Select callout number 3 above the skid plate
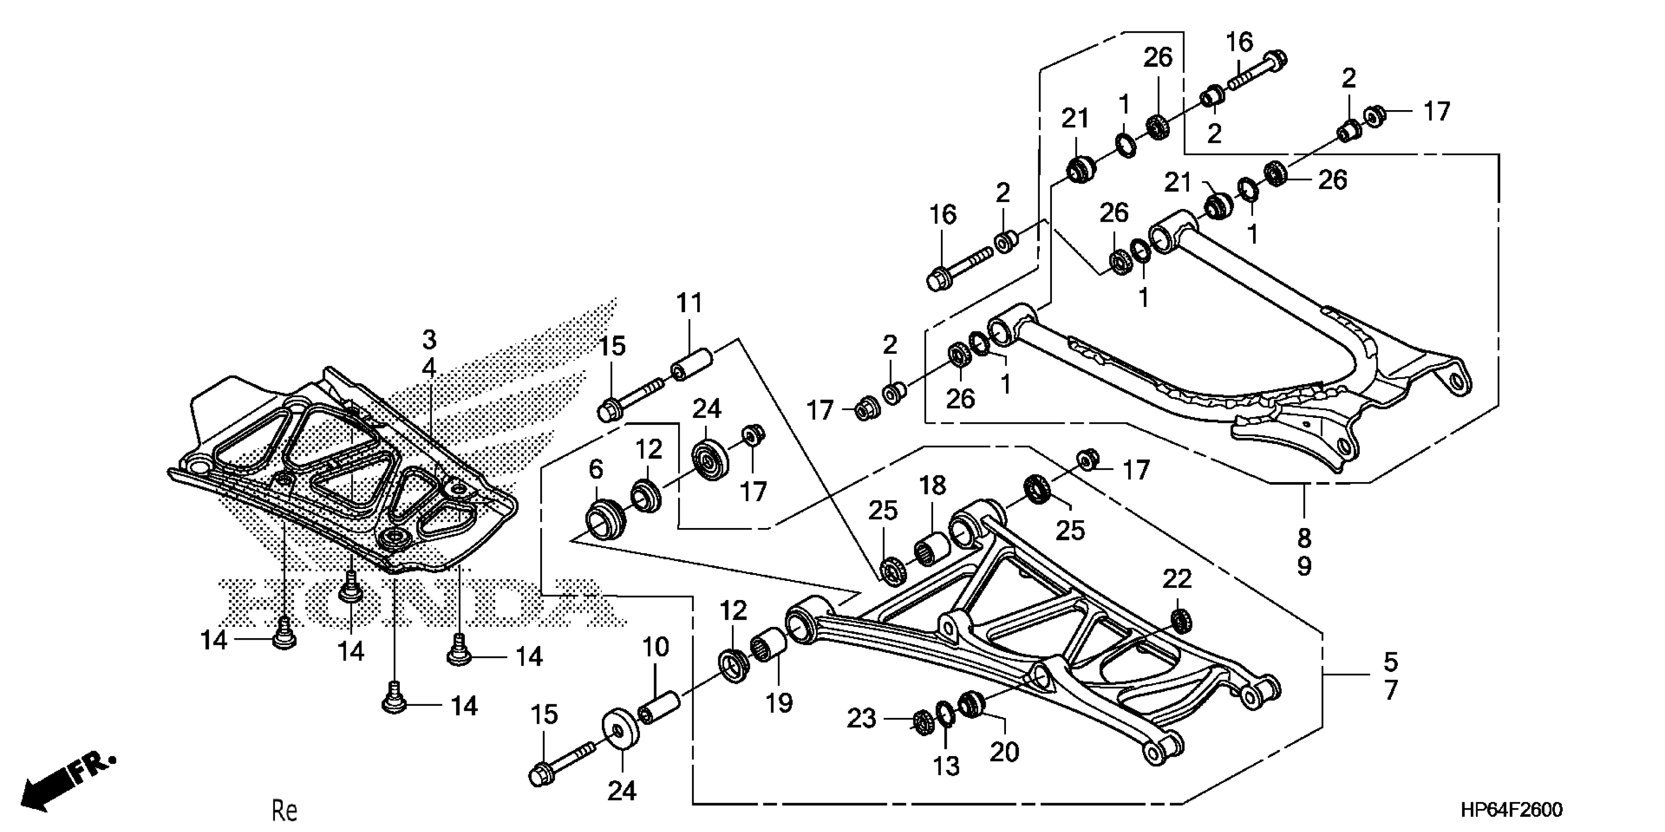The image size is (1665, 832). click(429, 339)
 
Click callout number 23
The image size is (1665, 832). click(861, 718)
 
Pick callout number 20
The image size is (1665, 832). click(1004, 751)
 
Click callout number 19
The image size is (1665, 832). click(779, 703)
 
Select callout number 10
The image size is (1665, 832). click(656, 647)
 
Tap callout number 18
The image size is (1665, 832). click(933, 485)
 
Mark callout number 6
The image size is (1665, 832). click(595, 469)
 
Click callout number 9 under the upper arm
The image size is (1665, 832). click(1304, 566)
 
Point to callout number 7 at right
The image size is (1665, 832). click(1391, 691)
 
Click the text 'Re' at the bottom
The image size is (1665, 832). click(284, 810)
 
